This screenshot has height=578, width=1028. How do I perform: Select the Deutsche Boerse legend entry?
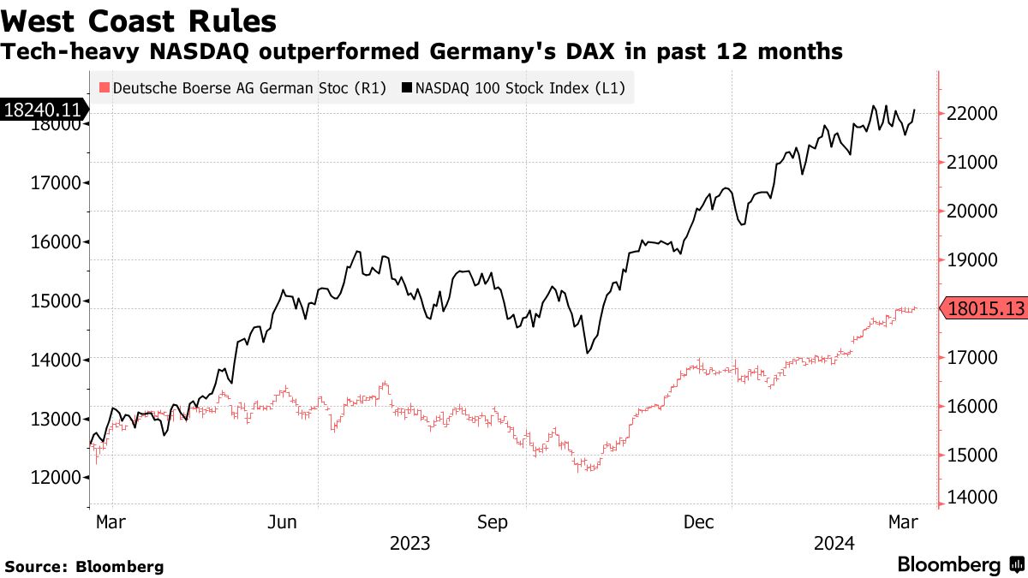[243, 87]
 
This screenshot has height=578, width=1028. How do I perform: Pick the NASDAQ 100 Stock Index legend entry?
[514, 87]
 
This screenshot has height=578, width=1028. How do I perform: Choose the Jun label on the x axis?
[282, 521]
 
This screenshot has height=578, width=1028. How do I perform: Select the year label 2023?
[410, 543]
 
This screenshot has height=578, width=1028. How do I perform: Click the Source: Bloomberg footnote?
[84, 567]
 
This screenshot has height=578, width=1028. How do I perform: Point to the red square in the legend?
[105, 87]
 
